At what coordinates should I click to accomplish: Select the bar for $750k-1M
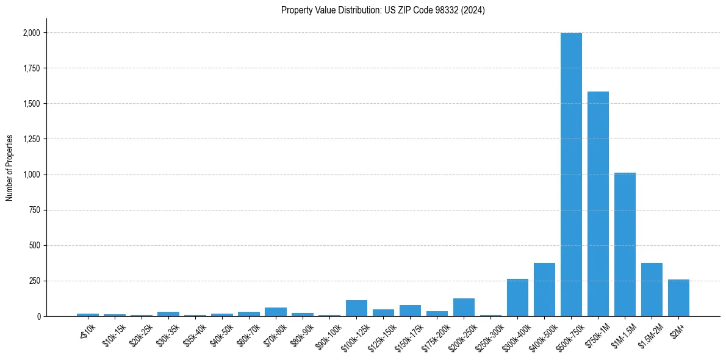pos(598,204)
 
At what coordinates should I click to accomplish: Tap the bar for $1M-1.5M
pos(625,244)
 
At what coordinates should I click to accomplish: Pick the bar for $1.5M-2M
pos(652,290)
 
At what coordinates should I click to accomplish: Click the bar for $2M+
pos(678,298)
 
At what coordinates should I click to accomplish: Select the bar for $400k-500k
pos(544,290)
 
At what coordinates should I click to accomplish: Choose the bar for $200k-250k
pos(464,308)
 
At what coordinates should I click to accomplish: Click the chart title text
pos(383,10)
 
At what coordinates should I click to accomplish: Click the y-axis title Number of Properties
pos(10,167)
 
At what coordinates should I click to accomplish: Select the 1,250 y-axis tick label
pos(32,139)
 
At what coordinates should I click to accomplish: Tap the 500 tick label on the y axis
pos(35,245)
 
